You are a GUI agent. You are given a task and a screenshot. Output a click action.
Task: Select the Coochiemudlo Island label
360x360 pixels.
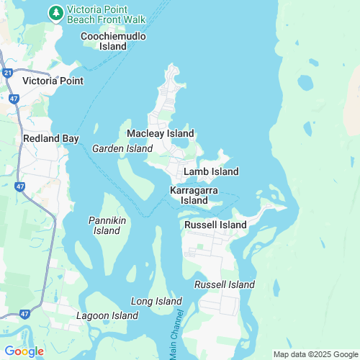pos(114,41)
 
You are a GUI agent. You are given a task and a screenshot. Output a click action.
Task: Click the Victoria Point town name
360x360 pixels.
pos(53,81)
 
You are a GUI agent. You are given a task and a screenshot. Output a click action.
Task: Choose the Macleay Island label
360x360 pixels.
pos(160,134)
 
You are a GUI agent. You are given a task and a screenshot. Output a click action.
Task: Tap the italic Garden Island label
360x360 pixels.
pos(122,148)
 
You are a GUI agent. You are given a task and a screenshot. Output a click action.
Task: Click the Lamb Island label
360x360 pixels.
pos(211,172)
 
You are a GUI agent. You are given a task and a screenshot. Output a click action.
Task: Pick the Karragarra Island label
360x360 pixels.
pos(194,195)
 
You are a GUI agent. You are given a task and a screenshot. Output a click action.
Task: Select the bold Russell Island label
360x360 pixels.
pos(215,225)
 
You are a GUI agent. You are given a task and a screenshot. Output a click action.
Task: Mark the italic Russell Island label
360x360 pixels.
pos(225,285)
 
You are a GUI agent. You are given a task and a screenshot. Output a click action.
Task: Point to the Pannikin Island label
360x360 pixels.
pos(107,225)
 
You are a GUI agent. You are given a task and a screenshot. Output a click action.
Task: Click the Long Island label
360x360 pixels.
pos(156,301)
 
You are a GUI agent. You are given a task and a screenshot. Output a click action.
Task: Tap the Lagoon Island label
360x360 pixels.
pos(107,316)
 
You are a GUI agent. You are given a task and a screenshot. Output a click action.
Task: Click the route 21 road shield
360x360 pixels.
pos(6,73)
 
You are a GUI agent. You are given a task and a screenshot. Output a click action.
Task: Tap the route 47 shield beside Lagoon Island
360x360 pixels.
pos(24,315)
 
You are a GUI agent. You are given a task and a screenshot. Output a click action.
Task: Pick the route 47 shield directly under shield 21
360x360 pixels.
pos(14,96)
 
